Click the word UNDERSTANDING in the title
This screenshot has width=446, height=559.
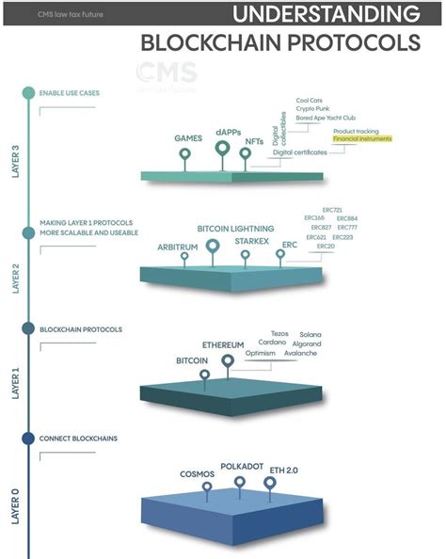click(x=326, y=14)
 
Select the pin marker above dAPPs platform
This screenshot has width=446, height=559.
click(x=223, y=148)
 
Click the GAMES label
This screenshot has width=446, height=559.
click(x=188, y=138)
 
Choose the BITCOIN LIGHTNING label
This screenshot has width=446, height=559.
click(x=235, y=229)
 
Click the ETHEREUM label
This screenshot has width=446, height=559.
click(x=223, y=345)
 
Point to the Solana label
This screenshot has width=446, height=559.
click(x=311, y=334)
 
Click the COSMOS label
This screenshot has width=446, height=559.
click(x=197, y=473)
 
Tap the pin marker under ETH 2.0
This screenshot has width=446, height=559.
click(x=270, y=483)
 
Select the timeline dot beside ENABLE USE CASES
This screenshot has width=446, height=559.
click(x=28, y=93)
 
